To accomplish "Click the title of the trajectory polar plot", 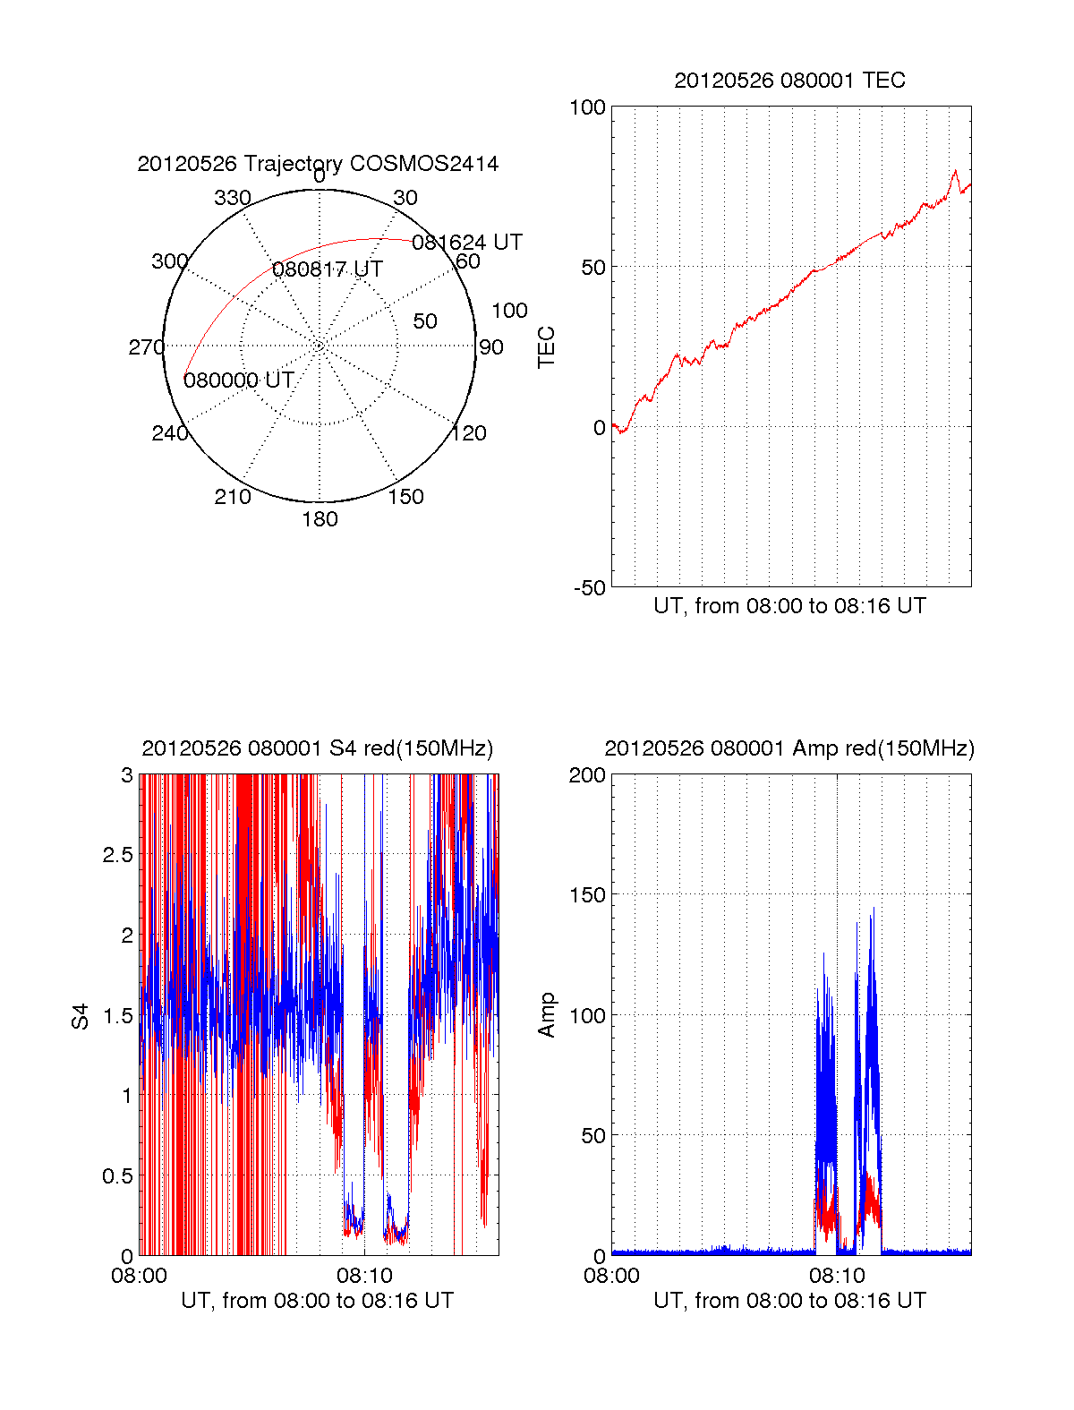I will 318,164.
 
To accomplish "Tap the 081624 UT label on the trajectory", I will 466,243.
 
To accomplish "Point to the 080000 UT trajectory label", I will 239,380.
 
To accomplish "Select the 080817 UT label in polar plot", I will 328,269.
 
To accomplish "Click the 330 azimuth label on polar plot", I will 232,198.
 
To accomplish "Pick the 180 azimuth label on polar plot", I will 320,519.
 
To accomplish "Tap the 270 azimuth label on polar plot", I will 146,347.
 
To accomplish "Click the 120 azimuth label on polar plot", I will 469,433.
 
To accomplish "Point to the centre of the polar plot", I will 320,346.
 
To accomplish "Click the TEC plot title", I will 789,81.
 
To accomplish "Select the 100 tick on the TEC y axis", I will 588,107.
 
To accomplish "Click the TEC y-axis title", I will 546,347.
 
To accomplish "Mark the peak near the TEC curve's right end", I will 955,171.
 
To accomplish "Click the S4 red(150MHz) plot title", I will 318,748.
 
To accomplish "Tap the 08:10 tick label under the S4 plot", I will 364,1275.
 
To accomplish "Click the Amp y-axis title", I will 546,1014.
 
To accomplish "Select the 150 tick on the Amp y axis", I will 588,895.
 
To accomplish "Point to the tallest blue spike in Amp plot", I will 873,909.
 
